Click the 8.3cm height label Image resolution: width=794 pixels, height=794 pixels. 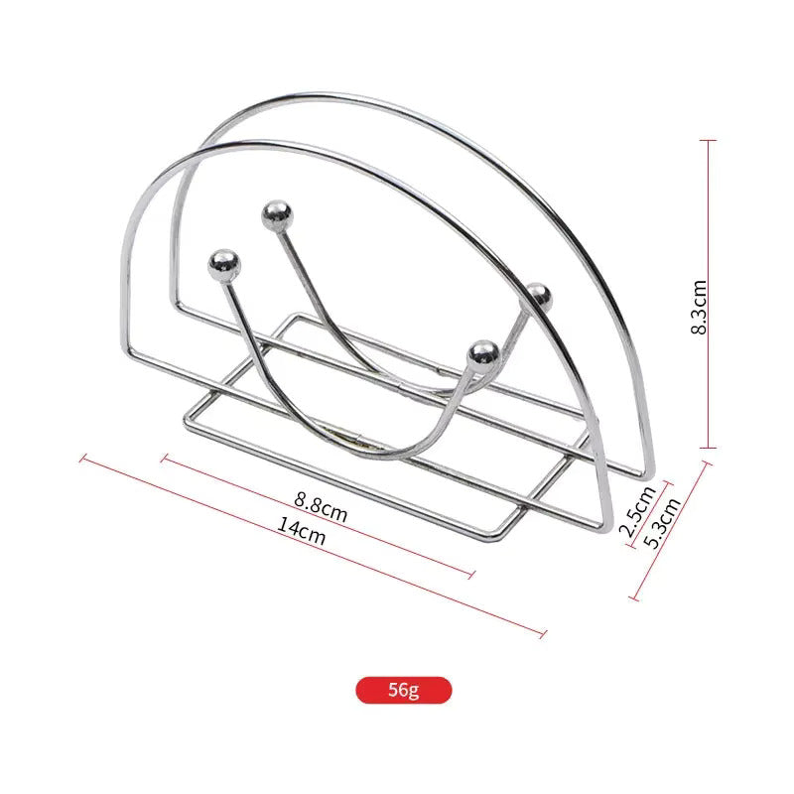click(699, 306)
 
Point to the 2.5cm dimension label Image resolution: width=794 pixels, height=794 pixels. click(636, 512)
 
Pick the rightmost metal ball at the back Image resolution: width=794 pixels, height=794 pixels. click(538, 295)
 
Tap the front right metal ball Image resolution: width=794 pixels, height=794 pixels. click(483, 352)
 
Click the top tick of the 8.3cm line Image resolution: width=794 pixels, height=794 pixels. click(708, 140)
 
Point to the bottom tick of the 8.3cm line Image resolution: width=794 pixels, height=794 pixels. click(708, 448)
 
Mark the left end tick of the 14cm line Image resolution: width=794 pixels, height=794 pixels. click(84, 459)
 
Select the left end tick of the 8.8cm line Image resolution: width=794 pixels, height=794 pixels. click(165, 459)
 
